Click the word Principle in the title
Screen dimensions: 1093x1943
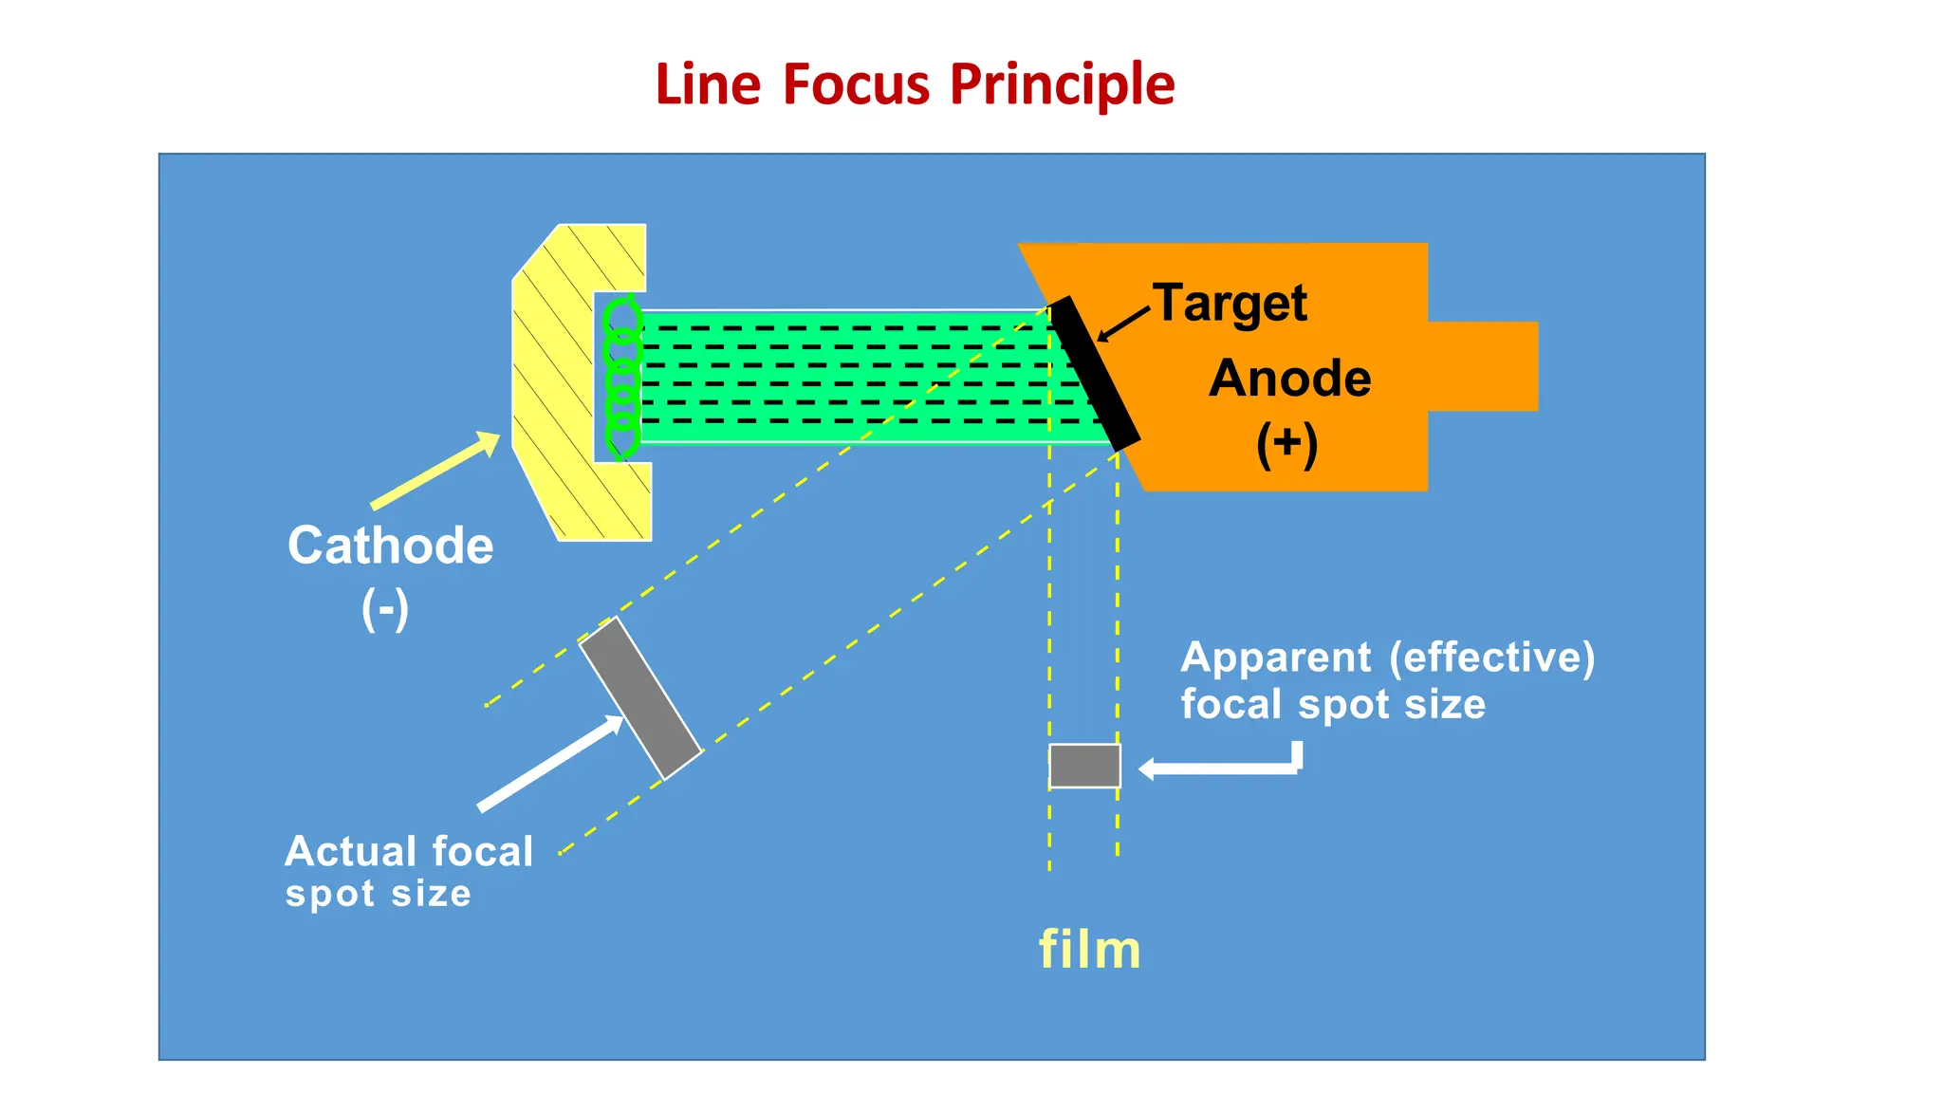1062,85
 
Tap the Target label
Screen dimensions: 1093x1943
1231,304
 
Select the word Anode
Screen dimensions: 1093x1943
1289,379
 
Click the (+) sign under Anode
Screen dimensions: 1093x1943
1286,445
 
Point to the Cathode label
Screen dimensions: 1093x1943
390,546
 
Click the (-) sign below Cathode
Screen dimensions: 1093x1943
385,608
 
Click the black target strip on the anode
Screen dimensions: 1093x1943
1094,373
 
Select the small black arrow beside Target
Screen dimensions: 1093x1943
1124,324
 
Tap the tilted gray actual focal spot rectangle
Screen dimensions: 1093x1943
640,698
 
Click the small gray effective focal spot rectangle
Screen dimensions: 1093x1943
1084,766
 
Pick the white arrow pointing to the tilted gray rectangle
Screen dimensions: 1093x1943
550,764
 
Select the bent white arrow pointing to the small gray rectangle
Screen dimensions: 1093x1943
1224,767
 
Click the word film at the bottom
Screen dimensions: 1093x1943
1089,950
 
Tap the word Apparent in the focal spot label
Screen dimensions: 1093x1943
1275,658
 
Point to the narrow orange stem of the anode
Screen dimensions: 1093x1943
1482,366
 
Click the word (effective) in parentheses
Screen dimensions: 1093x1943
1491,658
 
